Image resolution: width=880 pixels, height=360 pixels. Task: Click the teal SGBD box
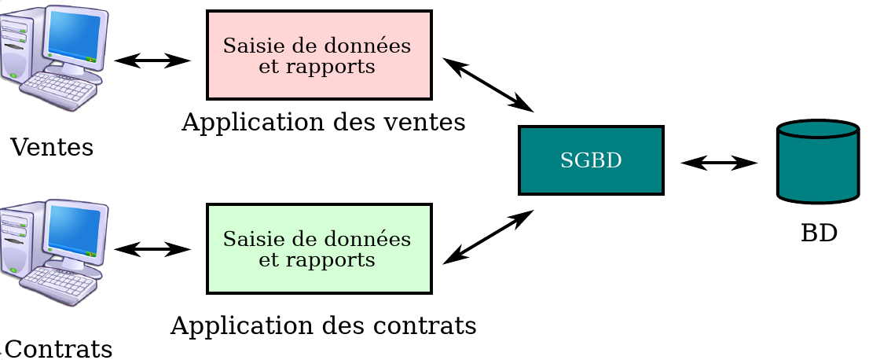click(591, 160)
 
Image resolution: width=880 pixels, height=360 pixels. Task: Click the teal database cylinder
click(817, 162)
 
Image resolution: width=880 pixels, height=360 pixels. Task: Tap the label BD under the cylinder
click(819, 233)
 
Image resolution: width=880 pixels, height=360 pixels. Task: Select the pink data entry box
click(319, 55)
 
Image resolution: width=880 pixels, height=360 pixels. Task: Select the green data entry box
click(319, 248)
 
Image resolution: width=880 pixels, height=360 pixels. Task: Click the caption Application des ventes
click(323, 123)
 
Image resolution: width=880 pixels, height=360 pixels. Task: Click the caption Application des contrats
click(323, 325)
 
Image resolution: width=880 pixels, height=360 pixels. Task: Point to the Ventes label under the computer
click(52, 147)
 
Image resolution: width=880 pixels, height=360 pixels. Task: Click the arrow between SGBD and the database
click(719, 163)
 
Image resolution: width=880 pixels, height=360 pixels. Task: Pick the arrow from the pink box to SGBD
click(488, 85)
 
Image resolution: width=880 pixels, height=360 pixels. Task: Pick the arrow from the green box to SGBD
click(488, 237)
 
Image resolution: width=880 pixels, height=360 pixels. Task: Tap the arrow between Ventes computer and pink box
click(152, 60)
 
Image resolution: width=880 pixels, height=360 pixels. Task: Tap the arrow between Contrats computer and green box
click(152, 250)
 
